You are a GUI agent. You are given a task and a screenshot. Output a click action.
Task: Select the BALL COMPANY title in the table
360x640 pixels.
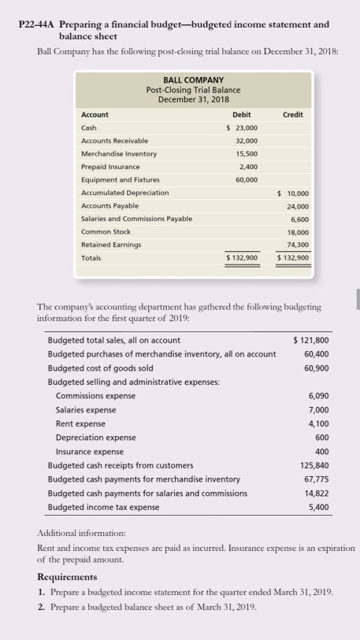coord(193,80)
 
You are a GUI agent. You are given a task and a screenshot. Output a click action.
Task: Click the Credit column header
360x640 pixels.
coord(293,114)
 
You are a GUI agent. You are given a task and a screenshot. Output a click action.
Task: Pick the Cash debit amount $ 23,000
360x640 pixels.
coord(241,128)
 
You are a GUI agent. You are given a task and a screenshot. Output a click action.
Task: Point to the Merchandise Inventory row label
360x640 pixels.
coord(119,154)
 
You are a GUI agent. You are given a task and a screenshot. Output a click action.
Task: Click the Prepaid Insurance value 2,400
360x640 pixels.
coord(247,166)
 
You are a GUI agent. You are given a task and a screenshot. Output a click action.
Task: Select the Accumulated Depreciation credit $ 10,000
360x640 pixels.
coord(294,192)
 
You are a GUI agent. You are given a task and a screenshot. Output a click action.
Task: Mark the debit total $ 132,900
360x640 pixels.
coord(241,257)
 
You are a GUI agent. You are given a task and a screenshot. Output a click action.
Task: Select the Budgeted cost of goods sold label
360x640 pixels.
coord(101,368)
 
